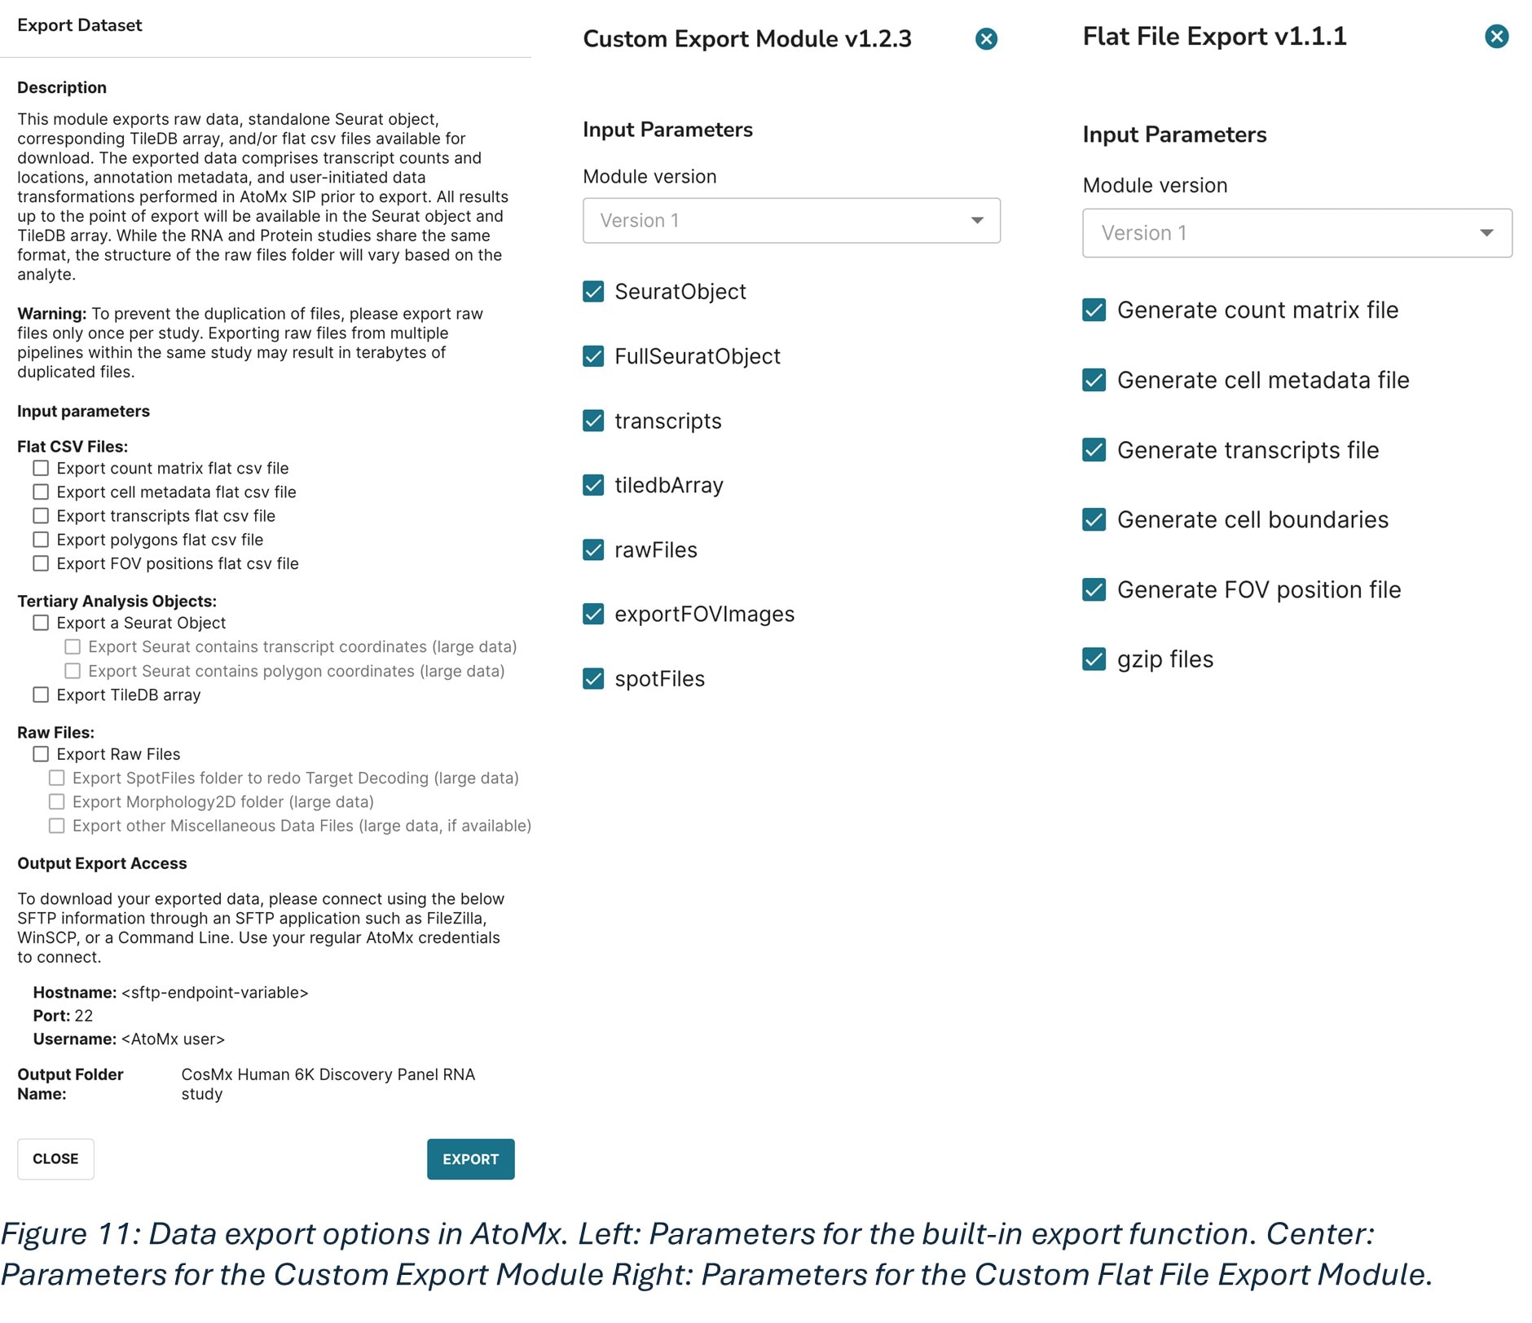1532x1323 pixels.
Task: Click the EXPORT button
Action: pos(470,1158)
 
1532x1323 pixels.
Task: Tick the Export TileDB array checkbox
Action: pos(41,695)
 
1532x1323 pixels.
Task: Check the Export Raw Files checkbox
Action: pos(41,754)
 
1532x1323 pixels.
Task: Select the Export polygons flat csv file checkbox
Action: pos(41,540)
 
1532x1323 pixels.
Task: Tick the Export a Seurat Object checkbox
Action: pos(41,623)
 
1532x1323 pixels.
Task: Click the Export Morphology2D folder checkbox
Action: pos(57,802)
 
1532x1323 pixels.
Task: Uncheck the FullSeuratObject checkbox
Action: pos(593,356)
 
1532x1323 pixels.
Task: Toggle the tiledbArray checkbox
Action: pos(593,485)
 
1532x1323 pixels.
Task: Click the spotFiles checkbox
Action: pos(593,678)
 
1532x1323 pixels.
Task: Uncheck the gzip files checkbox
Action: pos(1094,659)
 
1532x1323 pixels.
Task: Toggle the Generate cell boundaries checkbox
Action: pos(1094,519)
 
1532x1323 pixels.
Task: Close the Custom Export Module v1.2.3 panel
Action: pos(986,38)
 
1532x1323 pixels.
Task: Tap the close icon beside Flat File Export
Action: pos(1496,36)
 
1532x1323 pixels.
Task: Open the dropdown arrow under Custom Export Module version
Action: pos(977,220)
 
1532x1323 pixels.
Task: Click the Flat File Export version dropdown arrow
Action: pos(1486,233)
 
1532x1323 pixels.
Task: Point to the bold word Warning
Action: pos(51,314)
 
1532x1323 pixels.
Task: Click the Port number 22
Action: pos(84,1016)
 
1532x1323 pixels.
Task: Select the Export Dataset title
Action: pos(80,25)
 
